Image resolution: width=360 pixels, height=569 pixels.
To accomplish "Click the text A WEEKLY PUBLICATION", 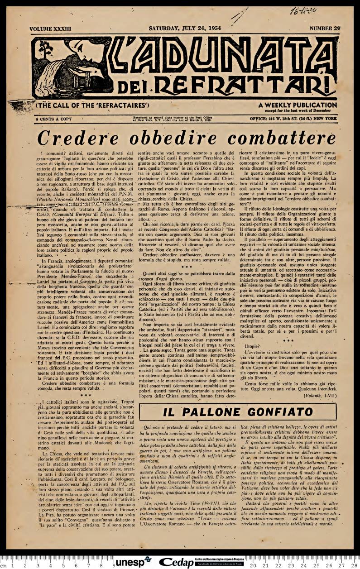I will point(298,105).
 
